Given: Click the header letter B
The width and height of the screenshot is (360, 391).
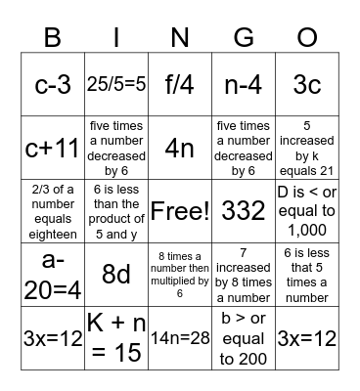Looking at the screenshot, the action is (52, 39).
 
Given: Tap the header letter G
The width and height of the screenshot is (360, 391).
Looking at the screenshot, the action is (244, 39).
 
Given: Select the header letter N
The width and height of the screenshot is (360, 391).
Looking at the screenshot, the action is (180, 39).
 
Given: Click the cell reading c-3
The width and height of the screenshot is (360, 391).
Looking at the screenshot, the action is (52, 84).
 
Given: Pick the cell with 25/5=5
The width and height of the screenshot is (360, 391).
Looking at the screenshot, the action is (116, 84).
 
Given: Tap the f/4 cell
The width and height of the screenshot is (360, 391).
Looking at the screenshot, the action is (180, 84).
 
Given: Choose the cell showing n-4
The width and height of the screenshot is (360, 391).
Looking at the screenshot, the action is (244, 84).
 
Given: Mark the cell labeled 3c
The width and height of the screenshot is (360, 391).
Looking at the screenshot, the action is (307, 84).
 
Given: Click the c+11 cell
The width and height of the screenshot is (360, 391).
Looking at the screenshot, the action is (52, 149).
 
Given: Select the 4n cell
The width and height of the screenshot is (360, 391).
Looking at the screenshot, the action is (180, 149).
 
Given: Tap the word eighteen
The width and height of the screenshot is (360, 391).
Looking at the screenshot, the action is (52, 237).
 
